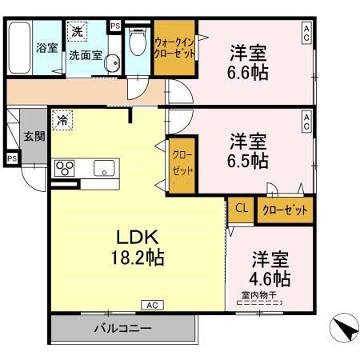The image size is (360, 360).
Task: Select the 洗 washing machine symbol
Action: [77, 31]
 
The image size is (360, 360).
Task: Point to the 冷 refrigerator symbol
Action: [62, 122]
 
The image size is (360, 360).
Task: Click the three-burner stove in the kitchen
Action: [64, 168]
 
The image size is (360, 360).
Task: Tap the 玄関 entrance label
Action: [33, 136]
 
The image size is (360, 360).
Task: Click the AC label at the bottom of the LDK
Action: [151, 305]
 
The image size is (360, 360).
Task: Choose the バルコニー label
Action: [122, 328]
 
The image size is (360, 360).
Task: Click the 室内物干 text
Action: [258, 294]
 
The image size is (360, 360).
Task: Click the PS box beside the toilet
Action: [115, 26]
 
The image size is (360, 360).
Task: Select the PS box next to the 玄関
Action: [11, 158]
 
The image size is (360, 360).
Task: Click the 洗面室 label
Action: [84, 55]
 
